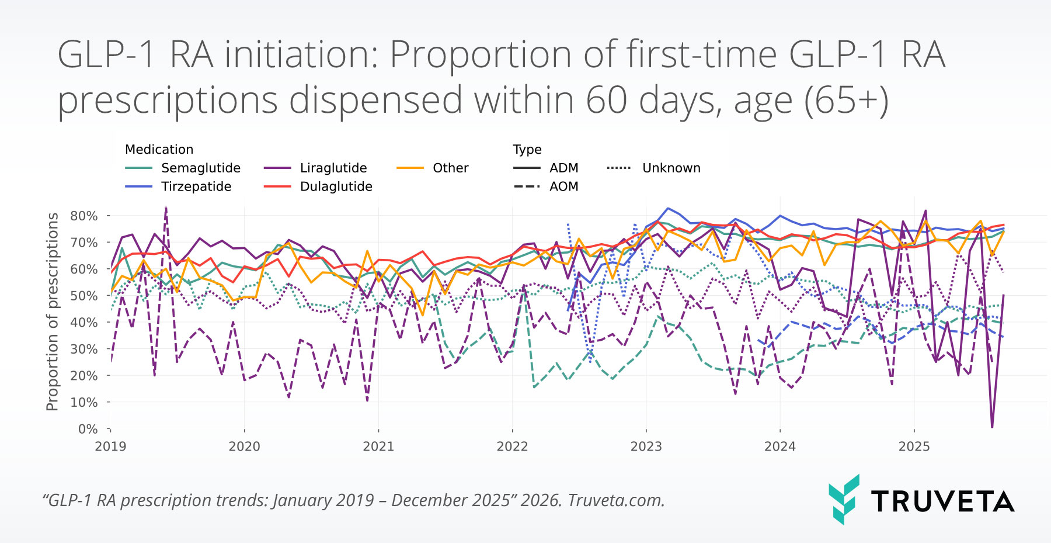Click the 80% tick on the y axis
[84, 216]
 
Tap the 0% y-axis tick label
[88, 429]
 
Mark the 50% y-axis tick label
[84, 296]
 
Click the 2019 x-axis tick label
[110, 447]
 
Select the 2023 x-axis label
[646, 447]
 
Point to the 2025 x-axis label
[914, 447]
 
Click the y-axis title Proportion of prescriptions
[53, 312]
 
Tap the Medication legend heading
[159, 150]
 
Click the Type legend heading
[527, 150]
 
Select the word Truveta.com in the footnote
[616, 501]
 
